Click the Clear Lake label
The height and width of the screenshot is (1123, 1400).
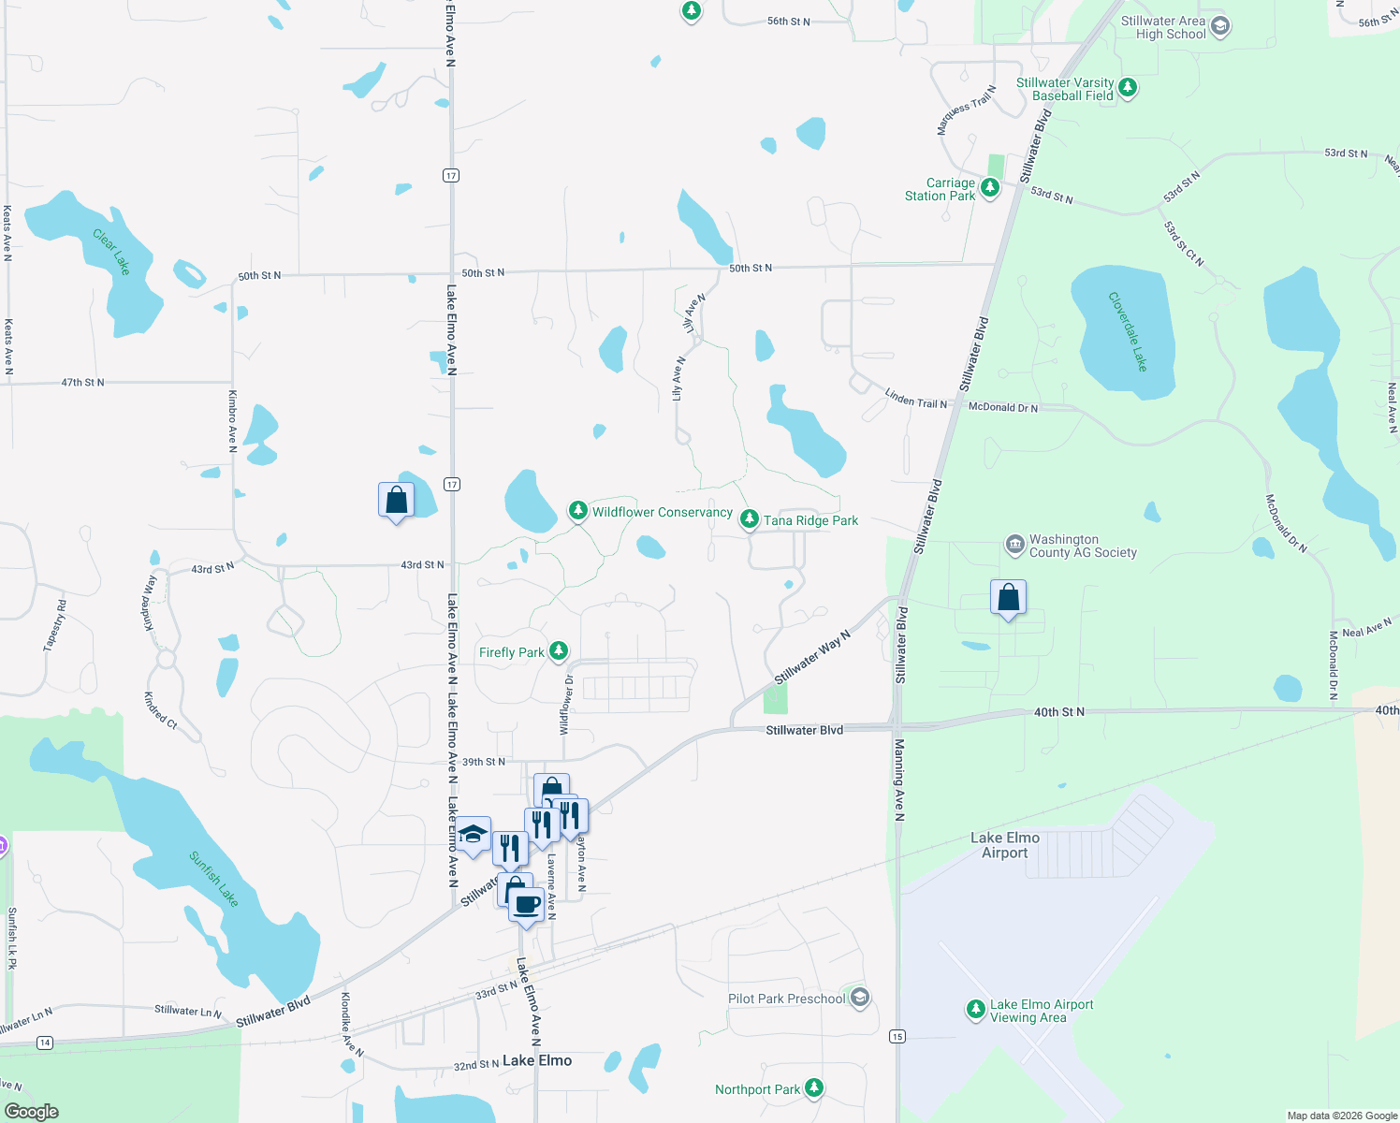pos(111,252)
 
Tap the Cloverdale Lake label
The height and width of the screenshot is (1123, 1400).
pos(1128,331)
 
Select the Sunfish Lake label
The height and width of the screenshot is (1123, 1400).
pos(213,879)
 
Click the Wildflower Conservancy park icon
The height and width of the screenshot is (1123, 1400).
pos(578,511)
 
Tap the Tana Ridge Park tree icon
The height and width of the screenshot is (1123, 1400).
pos(749,519)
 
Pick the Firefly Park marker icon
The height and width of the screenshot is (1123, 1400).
pos(559,650)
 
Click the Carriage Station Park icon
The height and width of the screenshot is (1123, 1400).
pos(989,188)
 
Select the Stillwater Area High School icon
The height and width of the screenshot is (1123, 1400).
pos(1219,26)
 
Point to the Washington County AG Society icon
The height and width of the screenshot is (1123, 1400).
pos(1014,545)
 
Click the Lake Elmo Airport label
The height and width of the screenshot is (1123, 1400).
pos(1005,845)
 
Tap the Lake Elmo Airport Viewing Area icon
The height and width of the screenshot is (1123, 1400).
pos(975,1010)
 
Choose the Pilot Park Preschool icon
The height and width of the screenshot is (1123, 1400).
pos(859,998)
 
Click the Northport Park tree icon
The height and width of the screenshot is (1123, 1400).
pos(814,1087)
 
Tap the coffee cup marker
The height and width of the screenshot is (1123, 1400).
pos(527,905)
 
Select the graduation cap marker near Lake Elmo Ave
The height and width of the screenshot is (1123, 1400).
pos(474,833)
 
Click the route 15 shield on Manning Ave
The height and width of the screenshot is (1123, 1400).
pos(898,1036)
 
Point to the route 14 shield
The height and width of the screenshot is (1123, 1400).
pos(44,1043)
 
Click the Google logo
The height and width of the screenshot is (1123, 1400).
pos(31,1112)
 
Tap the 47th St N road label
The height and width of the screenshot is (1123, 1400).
pos(83,383)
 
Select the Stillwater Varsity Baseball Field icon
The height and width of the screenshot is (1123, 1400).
pos(1128,88)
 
